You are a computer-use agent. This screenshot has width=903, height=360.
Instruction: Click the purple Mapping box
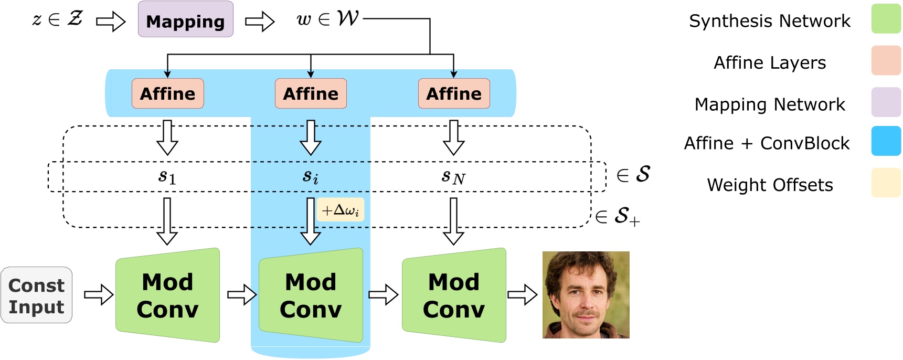(185, 19)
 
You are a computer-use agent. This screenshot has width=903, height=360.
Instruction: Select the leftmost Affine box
(167, 93)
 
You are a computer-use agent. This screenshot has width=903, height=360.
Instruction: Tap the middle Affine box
(311, 93)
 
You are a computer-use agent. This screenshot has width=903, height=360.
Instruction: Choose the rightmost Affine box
(454, 93)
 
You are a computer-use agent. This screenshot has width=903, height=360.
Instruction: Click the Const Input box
(36, 295)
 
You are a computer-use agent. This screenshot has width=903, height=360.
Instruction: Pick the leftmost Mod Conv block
(167, 295)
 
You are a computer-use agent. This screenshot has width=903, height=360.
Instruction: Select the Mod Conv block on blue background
(311, 295)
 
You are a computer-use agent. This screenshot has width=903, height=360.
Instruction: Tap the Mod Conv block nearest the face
(454, 295)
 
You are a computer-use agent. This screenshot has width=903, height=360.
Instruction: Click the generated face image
(586, 294)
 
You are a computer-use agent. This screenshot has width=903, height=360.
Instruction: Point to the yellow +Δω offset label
(340, 210)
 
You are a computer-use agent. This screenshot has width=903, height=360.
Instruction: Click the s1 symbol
(167, 177)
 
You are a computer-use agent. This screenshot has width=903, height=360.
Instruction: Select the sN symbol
(453, 177)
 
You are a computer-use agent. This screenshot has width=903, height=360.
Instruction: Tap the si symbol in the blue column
(311, 177)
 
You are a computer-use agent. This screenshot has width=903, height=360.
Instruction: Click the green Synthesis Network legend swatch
(886, 19)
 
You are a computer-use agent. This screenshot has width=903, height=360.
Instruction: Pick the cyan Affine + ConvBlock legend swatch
(886, 141)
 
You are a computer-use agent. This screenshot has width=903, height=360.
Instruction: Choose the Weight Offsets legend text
(770, 185)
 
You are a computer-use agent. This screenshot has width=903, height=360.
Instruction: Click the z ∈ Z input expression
(57, 19)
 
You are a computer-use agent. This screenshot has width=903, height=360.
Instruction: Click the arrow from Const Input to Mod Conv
(99, 295)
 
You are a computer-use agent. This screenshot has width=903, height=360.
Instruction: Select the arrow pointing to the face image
(523, 295)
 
